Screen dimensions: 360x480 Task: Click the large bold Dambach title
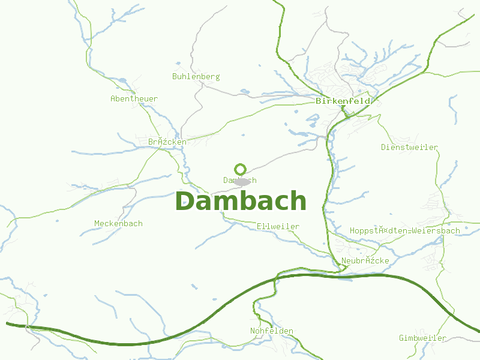click(240, 201)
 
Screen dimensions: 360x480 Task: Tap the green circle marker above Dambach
click(241, 169)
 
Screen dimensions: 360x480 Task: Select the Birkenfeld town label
click(343, 101)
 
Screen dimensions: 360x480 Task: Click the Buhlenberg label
click(196, 77)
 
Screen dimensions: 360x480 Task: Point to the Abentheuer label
click(134, 98)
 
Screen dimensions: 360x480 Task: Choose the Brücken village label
click(167, 142)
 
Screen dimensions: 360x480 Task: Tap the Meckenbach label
click(118, 224)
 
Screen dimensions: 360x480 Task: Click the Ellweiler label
click(277, 226)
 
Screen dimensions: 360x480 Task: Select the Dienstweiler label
click(409, 147)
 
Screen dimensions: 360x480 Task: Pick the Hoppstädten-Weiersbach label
click(404, 230)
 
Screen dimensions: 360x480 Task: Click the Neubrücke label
click(365, 261)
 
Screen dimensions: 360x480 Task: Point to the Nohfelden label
click(271, 331)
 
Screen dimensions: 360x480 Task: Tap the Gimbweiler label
click(422, 338)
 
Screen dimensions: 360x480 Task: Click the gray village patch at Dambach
click(241, 181)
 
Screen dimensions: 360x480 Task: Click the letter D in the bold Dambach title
click(185, 201)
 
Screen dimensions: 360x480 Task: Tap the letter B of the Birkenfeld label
click(319, 101)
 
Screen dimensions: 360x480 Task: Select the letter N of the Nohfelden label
click(253, 331)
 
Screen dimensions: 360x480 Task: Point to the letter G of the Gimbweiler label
click(401, 338)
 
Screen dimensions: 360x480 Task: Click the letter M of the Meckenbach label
click(97, 224)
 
